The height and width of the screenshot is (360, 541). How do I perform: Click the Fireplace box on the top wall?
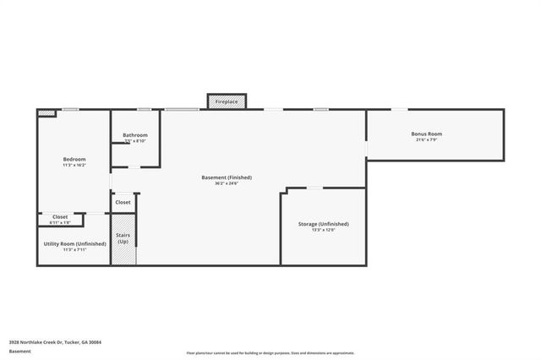click(x=226, y=101)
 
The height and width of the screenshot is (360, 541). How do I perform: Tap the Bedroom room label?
click(x=74, y=159)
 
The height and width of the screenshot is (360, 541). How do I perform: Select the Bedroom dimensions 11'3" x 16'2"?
click(x=74, y=165)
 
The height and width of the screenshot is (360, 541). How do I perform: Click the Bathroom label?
click(x=135, y=135)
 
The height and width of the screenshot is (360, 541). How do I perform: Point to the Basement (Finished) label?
click(x=227, y=177)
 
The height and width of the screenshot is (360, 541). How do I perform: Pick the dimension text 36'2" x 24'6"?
click(x=227, y=183)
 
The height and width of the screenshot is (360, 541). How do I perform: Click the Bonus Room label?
click(x=427, y=134)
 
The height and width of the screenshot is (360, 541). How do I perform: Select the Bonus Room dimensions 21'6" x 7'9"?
click(x=427, y=139)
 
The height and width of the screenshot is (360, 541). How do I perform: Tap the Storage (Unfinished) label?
click(x=323, y=224)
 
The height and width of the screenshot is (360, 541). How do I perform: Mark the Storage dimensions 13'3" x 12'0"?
click(x=323, y=230)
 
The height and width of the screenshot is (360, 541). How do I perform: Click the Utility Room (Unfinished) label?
click(x=74, y=243)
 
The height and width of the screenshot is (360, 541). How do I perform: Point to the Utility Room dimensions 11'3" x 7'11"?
click(x=74, y=249)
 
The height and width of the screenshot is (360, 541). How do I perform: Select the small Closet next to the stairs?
click(x=123, y=203)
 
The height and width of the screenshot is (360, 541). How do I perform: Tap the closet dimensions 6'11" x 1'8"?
click(x=60, y=223)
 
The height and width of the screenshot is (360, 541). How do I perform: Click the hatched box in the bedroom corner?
click(x=46, y=112)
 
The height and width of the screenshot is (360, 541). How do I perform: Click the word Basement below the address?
click(x=19, y=351)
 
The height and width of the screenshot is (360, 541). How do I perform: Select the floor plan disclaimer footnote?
click(x=270, y=352)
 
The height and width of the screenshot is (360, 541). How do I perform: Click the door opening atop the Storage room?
click(x=314, y=188)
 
